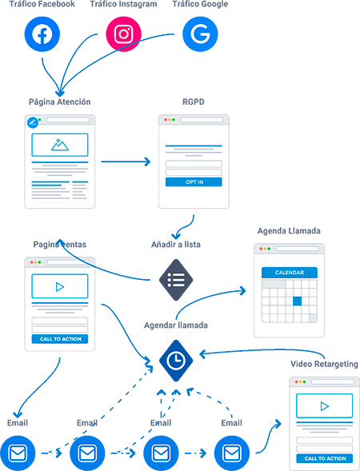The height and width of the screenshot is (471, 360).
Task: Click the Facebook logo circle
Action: pos(42,34)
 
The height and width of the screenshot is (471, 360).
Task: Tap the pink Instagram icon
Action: pos(123,34)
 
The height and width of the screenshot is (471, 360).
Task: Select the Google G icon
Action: pos(200,34)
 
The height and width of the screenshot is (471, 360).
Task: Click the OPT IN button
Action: pos(194,182)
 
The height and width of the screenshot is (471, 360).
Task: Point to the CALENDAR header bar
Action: pos(290,273)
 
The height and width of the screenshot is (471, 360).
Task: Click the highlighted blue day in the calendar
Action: pos(297,301)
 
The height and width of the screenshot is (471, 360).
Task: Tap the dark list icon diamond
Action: pos(176,280)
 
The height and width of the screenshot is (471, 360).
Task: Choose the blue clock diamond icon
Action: pos(176,361)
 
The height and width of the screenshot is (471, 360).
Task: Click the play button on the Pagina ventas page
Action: pos(60,287)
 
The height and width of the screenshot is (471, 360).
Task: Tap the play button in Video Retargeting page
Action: pos(325,406)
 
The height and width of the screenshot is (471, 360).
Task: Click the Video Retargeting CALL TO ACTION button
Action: pos(325,458)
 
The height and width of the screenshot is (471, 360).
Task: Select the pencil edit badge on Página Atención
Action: pos(33,122)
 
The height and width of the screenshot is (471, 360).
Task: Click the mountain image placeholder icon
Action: pos(60,145)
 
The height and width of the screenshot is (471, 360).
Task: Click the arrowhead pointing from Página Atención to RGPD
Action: pos(147,162)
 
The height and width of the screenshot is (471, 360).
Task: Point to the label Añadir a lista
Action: pos(176,245)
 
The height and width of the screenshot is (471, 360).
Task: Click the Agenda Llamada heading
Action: pos(289,230)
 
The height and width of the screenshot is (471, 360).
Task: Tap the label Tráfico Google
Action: pos(200,4)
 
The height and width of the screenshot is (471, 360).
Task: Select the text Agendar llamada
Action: pos(176,325)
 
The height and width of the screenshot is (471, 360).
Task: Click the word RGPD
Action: pos(194,102)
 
